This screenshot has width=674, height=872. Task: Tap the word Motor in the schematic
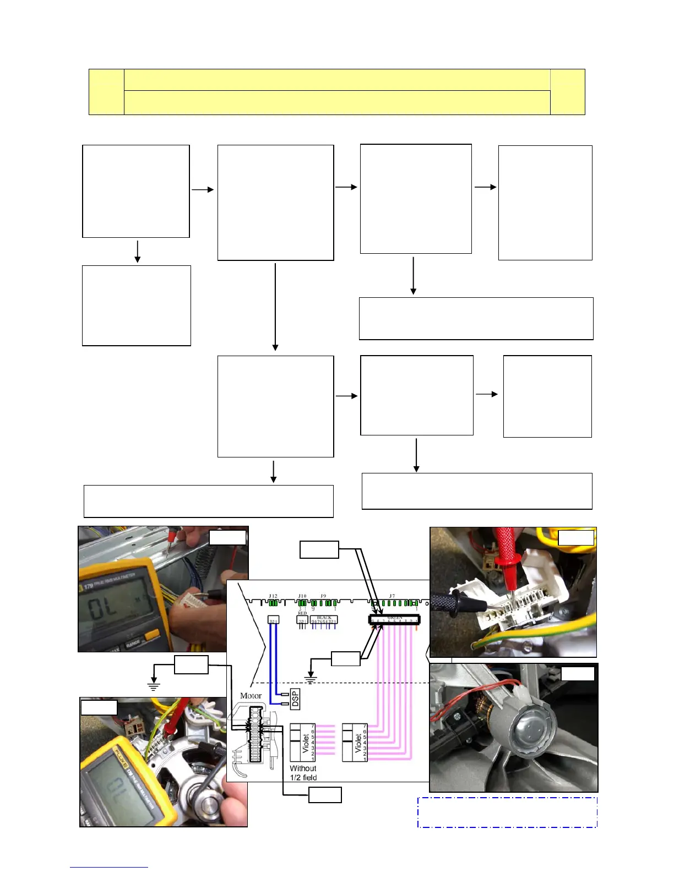coord(251,696)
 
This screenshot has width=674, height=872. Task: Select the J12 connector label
coord(273,596)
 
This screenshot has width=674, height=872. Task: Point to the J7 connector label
coord(392,596)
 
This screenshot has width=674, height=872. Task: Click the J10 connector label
coord(302,596)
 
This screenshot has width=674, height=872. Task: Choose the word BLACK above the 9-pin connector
coord(324,618)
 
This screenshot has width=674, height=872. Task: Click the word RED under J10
coord(302,613)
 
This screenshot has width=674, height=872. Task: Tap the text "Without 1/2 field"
coord(303,773)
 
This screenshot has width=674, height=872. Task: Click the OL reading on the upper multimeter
coord(104,608)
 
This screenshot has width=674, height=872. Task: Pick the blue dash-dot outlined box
coord(507,812)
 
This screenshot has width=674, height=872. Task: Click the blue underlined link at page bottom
coord(108,866)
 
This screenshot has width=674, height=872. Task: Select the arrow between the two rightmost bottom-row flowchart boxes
coord(487,394)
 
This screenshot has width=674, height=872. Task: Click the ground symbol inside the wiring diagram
coord(311,679)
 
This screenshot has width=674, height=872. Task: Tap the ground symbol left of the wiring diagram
coord(153,686)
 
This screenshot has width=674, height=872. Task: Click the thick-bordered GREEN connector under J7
coord(394,620)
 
